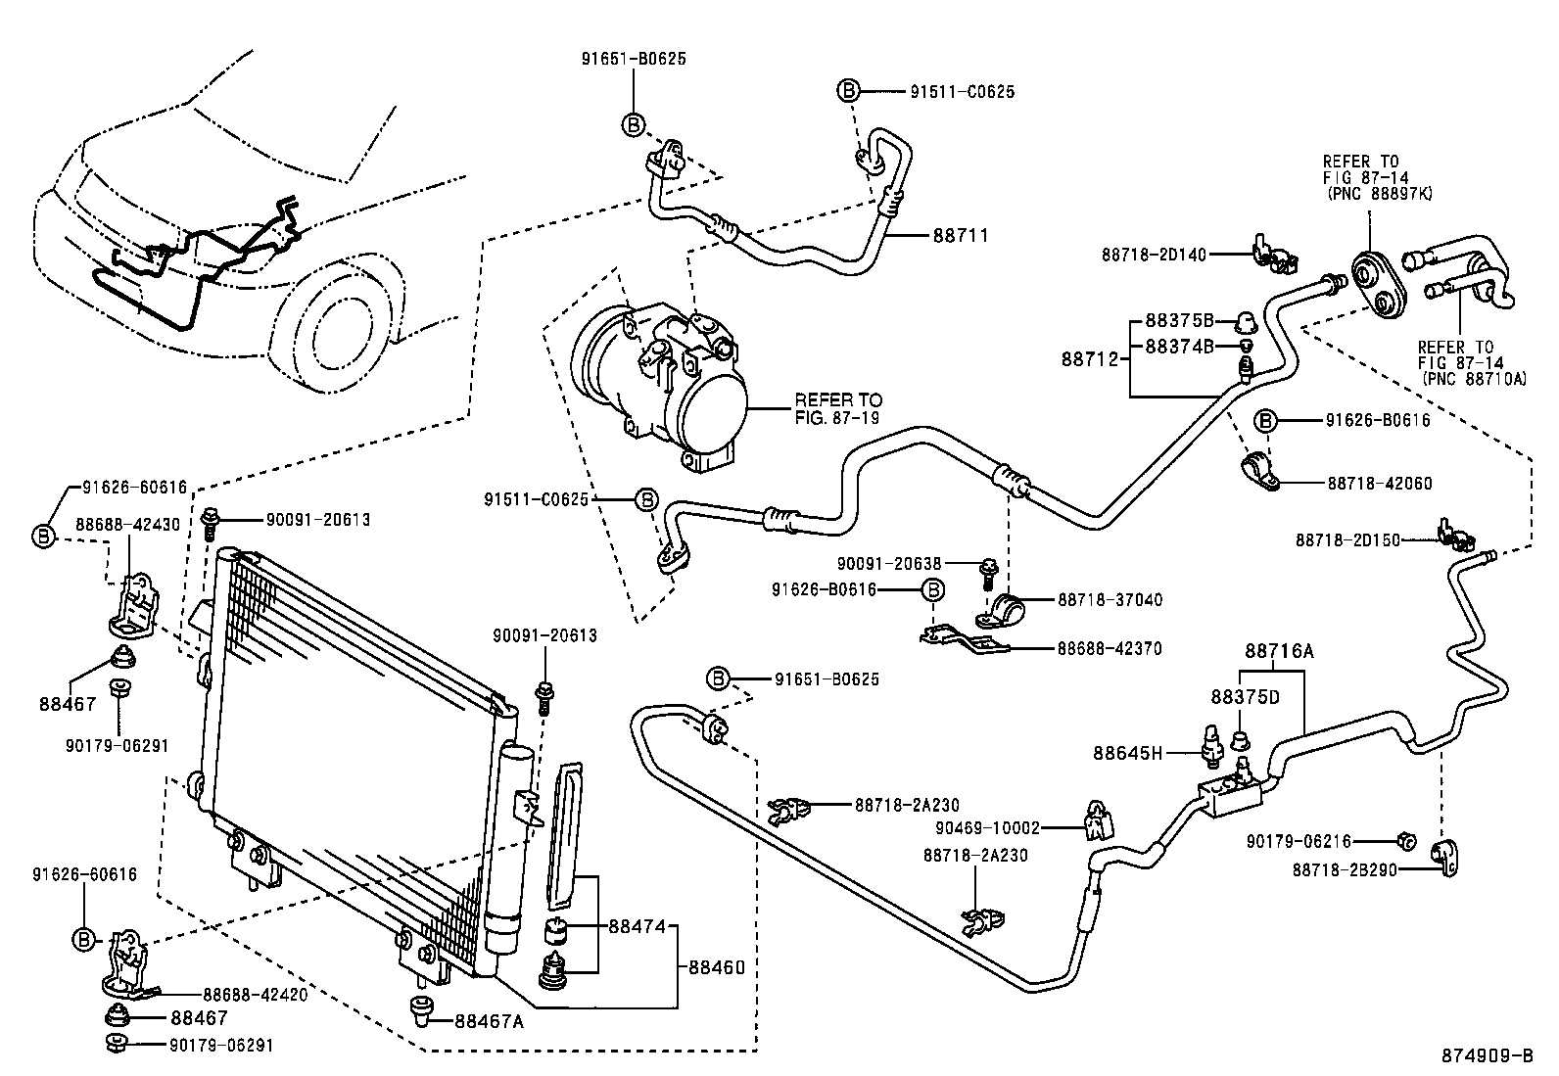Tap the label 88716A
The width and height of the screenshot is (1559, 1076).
pos(1279,650)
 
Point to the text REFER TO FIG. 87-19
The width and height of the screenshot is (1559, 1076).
pos(837,408)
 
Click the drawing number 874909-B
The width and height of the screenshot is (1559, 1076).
pos(1486,1055)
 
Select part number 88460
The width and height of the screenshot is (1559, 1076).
pos(716,967)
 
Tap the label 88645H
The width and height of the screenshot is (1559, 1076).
pos(1127,753)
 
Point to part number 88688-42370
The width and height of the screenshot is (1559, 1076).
pos(1109,648)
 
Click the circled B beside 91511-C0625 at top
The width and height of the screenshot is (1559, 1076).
pos(848,91)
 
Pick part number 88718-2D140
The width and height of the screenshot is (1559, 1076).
pos(1153,255)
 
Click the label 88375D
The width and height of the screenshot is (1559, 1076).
pos(1245,697)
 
